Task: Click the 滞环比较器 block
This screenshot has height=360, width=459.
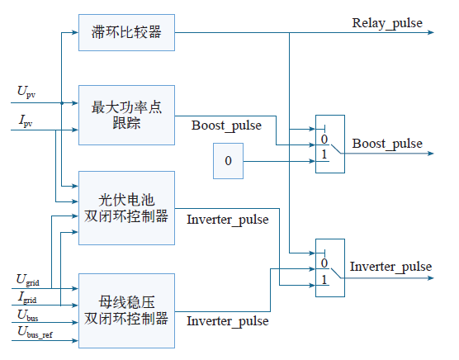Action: [127, 32]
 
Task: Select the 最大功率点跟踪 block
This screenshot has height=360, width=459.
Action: [127, 115]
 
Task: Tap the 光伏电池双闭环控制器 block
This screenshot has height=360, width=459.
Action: [127, 208]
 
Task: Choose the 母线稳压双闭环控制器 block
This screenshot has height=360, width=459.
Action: [127, 310]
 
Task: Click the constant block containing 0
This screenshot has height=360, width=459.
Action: [228, 161]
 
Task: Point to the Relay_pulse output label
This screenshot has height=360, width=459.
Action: [387, 23]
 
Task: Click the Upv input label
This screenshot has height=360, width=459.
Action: [26, 92]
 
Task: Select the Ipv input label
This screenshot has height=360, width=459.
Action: [26, 121]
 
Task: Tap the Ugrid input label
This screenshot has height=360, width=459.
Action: [28, 280]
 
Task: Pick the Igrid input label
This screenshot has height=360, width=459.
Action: [27, 297]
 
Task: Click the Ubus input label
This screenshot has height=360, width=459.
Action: [28, 315]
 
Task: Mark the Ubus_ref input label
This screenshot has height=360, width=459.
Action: [35, 333]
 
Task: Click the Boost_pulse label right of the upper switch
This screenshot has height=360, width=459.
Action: [387, 144]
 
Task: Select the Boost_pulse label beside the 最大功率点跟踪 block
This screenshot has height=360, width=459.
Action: [226, 126]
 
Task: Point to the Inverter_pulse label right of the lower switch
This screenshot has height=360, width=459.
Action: [390, 267]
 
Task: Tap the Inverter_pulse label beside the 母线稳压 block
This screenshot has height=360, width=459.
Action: [228, 321]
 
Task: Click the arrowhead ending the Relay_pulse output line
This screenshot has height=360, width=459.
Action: [431, 32]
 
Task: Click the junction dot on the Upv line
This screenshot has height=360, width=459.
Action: [62, 103]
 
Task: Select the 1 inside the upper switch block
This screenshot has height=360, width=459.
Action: [324, 154]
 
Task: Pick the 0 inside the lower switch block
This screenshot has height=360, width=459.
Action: [324, 263]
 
